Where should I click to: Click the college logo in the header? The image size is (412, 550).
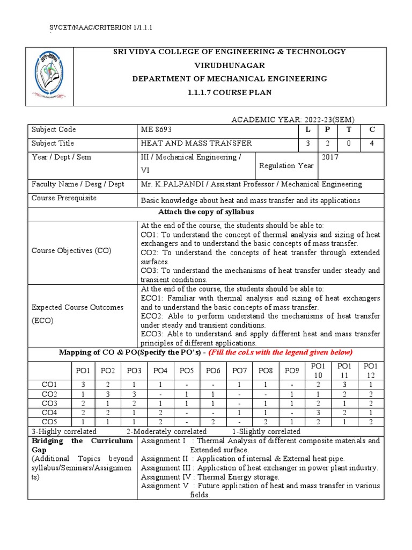click(50, 76)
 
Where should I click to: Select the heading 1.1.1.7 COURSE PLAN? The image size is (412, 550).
click(230, 92)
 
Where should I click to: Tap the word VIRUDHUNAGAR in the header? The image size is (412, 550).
click(230, 65)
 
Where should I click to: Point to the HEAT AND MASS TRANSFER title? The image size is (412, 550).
click(196, 143)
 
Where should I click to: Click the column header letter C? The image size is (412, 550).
click(372, 129)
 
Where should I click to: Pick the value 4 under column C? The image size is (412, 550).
click(372, 143)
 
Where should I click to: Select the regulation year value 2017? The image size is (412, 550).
click(330, 157)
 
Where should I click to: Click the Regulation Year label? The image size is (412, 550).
click(286, 166)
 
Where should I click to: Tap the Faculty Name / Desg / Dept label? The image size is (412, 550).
click(78, 184)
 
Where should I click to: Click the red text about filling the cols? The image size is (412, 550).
click(281, 352)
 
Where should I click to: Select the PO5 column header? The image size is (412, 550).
click(187, 371)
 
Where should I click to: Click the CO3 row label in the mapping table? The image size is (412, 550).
click(49, 403)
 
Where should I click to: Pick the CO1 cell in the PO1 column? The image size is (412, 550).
click(83, 384)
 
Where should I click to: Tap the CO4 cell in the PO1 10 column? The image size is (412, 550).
click(318, 412)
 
